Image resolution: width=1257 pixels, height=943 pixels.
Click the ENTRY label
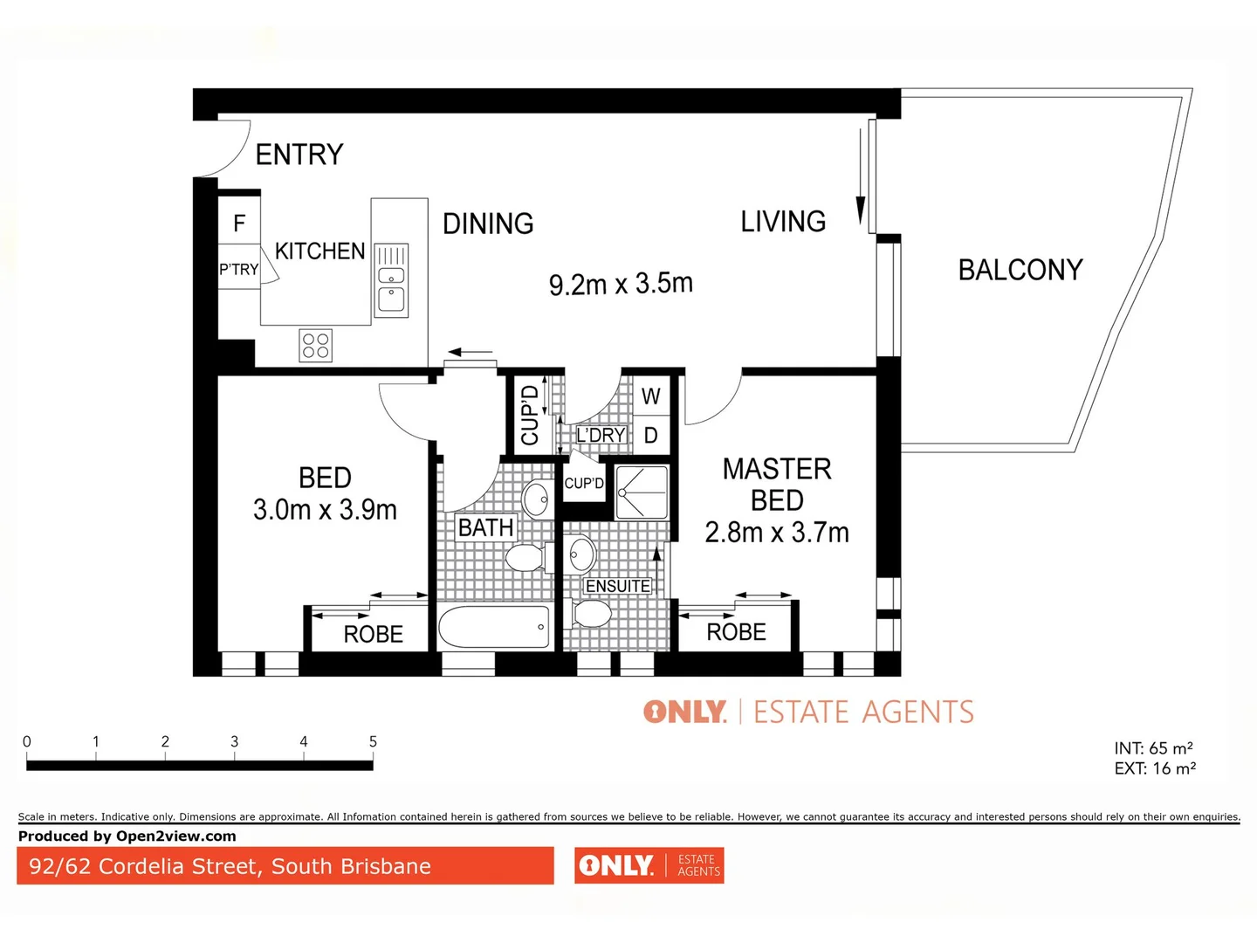point(299,155)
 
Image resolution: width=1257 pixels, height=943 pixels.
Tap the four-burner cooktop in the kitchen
point(315,346)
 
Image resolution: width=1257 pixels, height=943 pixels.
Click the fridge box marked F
point(239,224)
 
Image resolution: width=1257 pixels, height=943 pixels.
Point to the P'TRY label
point(238,270)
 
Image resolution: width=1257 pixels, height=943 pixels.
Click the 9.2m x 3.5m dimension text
point(621,284)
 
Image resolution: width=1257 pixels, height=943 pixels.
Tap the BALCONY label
point(1020,270)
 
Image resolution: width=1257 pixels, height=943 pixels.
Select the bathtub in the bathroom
point(494,627)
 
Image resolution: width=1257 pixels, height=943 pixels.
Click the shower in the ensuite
point(642,492)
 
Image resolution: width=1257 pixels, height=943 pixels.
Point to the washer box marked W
point(650,396)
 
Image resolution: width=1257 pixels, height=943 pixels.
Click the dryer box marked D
point(650,435)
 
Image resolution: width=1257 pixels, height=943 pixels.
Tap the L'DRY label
point(601,435)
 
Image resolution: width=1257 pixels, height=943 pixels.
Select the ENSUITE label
point(617,586)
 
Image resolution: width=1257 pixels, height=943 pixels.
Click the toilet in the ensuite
point(591,614)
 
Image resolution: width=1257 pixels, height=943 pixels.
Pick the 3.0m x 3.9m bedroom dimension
point(325,510)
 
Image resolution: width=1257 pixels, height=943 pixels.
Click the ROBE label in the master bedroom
point(736,632)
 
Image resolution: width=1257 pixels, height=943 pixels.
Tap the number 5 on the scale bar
point(373,741)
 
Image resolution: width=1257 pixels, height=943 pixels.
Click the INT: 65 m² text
point(1153,748)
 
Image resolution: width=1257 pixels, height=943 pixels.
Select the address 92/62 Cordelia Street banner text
point(230,866)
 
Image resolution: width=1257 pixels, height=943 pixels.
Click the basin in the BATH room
point(535,500)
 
